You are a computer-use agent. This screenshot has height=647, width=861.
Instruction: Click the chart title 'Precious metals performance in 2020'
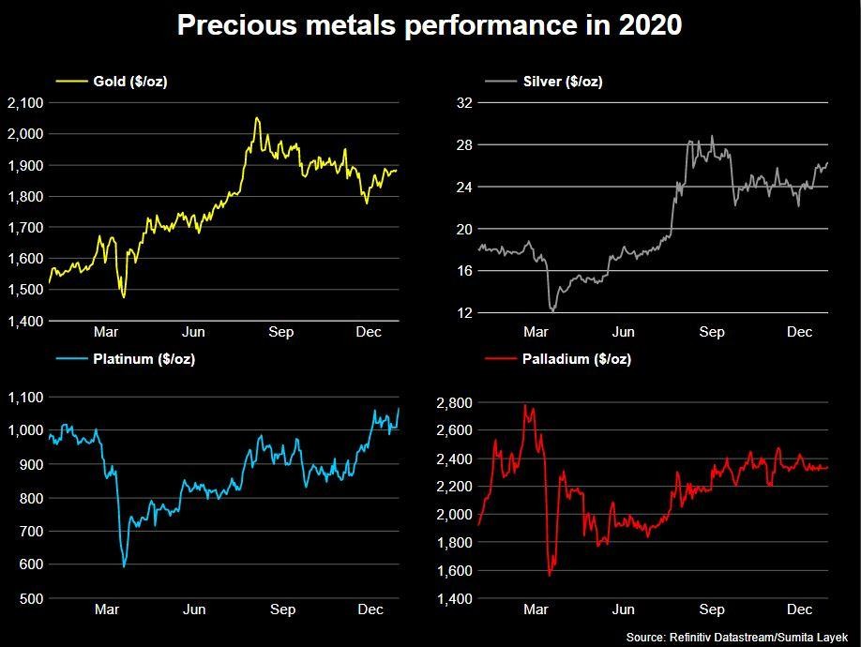point(430,26)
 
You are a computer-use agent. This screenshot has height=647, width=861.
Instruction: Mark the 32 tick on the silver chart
point(462,102)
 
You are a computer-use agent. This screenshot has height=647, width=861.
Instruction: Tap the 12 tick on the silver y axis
point(462,312)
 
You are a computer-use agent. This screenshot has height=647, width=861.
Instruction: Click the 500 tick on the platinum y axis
point(29,597)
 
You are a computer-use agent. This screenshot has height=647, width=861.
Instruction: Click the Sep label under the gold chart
point(281,332)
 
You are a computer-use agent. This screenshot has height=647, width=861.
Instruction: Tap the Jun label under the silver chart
point(623,332)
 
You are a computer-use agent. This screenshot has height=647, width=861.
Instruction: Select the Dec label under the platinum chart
point(370,609)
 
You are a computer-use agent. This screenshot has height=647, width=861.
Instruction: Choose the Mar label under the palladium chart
point(536,609)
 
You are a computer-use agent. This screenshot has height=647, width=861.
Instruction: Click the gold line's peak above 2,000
point(256,119)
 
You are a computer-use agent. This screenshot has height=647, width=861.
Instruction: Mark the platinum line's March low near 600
point(124,565)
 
